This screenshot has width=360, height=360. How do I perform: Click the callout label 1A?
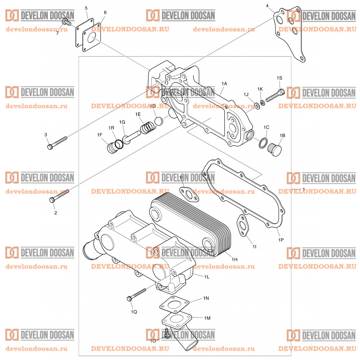tap(224, 84)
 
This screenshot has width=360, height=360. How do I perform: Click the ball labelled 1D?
tap(158, 120)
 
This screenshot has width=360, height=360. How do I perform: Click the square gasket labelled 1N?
tap(175, 306)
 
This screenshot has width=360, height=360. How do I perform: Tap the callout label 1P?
tap(281, 240)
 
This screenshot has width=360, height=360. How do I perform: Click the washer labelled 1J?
tap(257, 106)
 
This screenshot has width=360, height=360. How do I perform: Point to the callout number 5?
tap(86, 8)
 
